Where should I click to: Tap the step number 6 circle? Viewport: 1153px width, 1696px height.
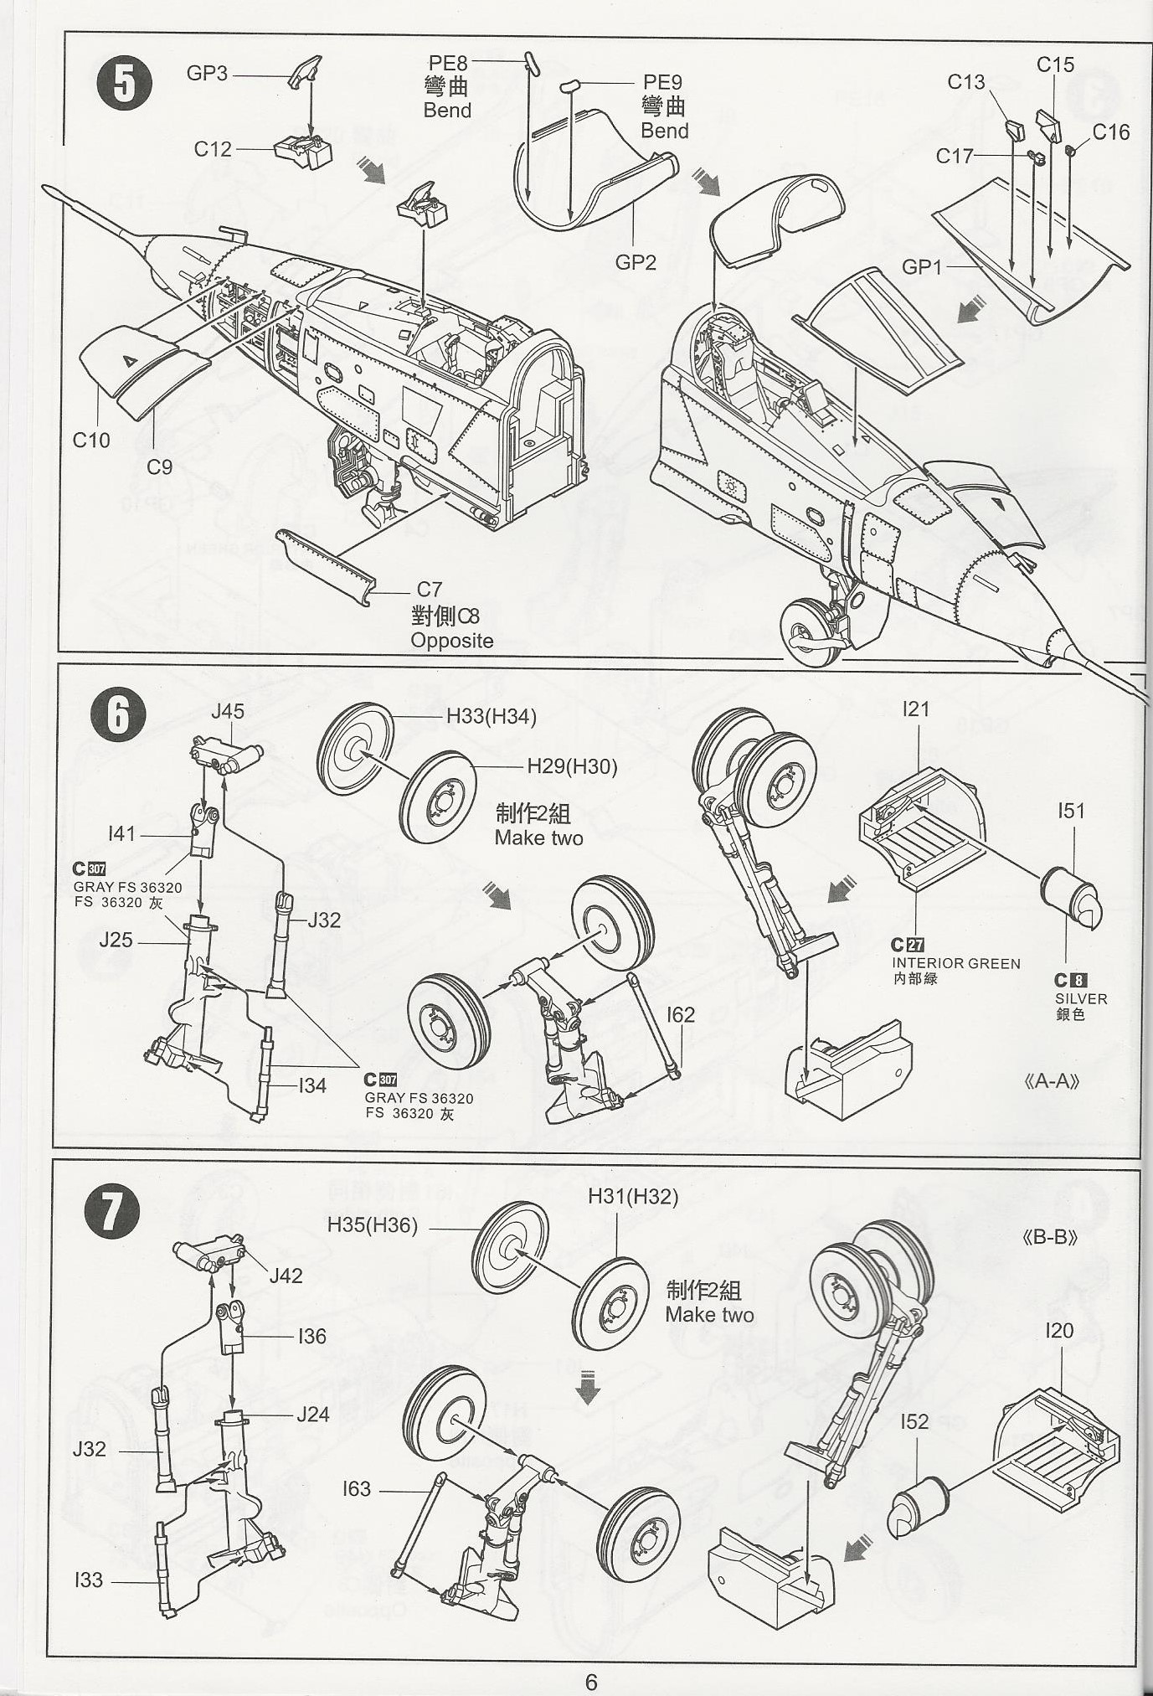click(x=118, y=714)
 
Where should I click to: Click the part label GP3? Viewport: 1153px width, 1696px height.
click(x=207, y=74)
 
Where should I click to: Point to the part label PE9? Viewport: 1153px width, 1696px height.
click(x=662, y=82)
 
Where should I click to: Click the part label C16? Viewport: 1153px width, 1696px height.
click(x=1110, y=131)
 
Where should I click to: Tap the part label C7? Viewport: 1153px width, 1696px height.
click(x=429, y=590)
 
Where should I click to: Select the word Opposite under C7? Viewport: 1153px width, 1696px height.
click(x=451, y=641)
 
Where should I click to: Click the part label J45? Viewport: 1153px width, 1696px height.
click(x=227, y=711)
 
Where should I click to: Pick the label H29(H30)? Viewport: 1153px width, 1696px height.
click(x=572, y=766)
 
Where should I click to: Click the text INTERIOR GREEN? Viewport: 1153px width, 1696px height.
click(x=955, y=964)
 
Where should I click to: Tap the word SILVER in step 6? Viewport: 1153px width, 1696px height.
click(x=1080, y=999)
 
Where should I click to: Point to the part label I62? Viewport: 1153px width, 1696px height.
click(x=681, y=1014)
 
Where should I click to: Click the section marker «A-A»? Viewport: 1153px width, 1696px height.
click(x=1051, y=1081)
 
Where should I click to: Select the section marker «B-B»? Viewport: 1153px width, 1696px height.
click(x=1049, y=1237)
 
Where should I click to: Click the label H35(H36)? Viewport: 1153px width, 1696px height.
click(x=372, y=1225)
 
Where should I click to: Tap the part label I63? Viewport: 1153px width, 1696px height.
click(x=356, y=1488)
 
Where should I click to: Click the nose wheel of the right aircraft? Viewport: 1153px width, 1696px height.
click(x=811, y=631)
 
